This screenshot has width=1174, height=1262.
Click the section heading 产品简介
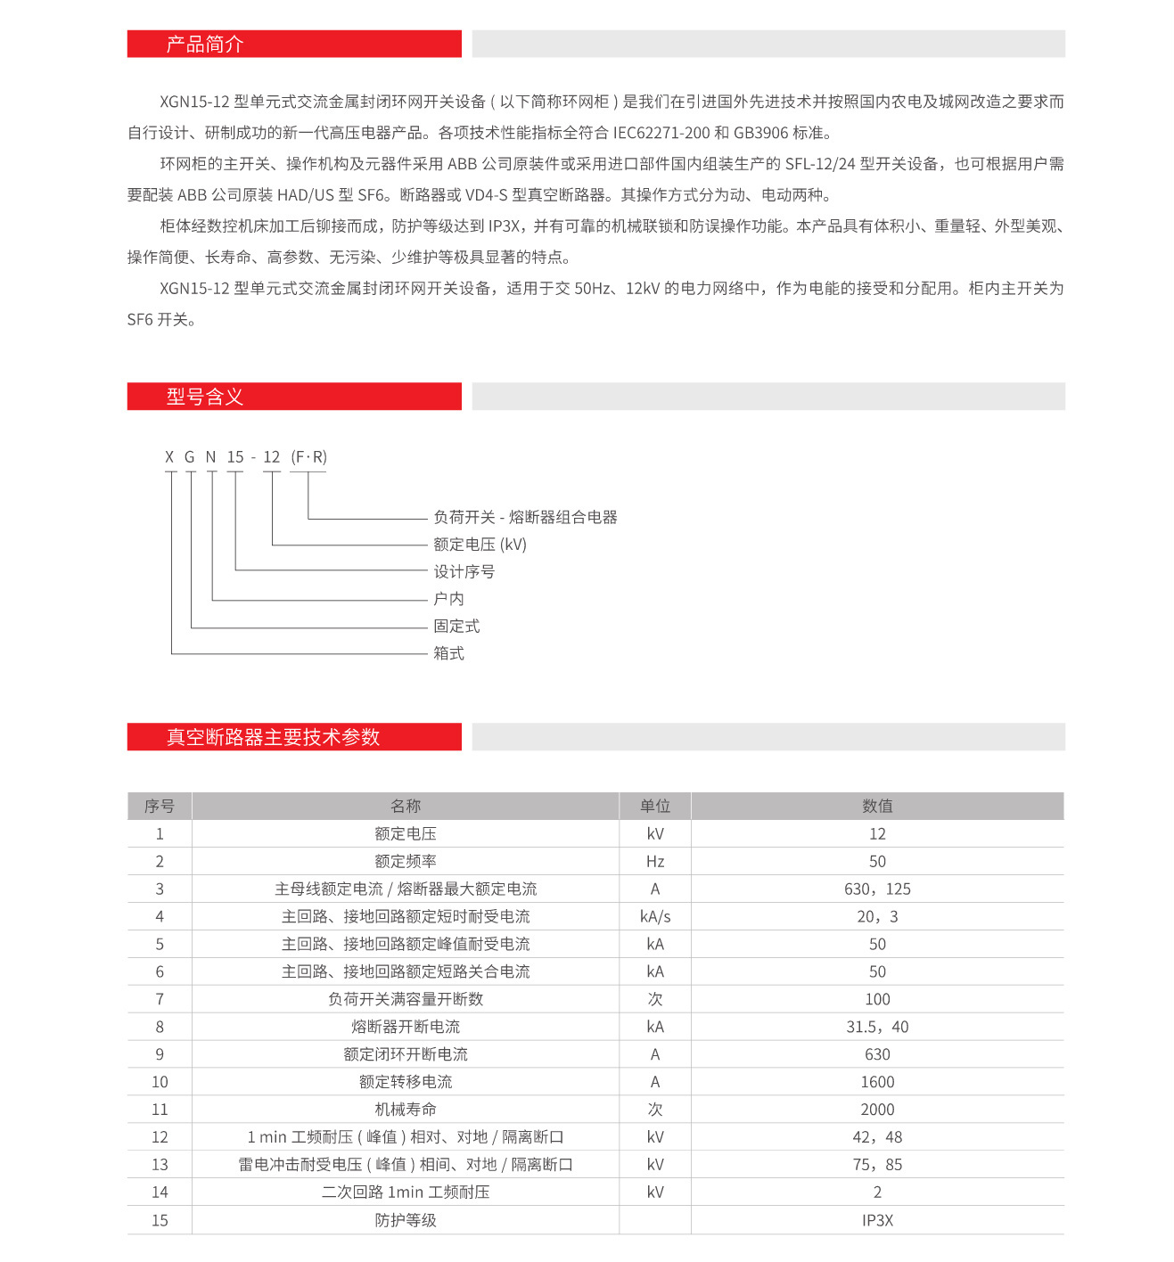pyautogui.click(x=204, y=45)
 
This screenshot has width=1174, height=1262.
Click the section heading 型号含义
pyautogui.click(x=204, y=397)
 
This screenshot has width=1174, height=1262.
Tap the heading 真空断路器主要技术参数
pyautogui.click(x=273, y=737)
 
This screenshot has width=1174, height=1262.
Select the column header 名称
pyautogui.click(x=405, y=806)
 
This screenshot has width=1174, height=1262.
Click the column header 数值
pyautogui.click(x=877, y=806)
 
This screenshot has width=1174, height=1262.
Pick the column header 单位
pyautogui.click(x=654, y=806)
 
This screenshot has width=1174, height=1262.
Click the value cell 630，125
pyautogui.click(x=877, y=889)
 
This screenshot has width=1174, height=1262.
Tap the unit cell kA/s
pyautogui.click(x=654, y=916)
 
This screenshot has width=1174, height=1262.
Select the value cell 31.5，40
pyautogui.click(x=877, y=1027)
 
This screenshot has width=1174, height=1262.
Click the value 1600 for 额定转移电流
pyautogui.click(x=877, y=1082)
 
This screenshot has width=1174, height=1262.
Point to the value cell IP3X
pyautogui.click(x=877, y=1220)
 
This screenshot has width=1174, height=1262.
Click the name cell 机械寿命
pyautogui.click(x=405, y=1110)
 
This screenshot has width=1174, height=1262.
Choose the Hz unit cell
pyautogui.click(x=654, y=861)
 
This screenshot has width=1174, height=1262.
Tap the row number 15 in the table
pyautogui.click(x=160, y=1220)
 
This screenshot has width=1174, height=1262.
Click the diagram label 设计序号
pyautogui.click(x=464, y=571)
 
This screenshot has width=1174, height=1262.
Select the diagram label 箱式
pyautogui.click(x=448, y=653)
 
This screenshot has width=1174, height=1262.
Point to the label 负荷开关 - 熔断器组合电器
pyautogui.click(x=525, y=517)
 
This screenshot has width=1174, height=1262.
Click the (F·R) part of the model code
pyautogui.click(x=308, y=457)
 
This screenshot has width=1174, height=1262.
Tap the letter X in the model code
pyautogui.click(x=169, y=457)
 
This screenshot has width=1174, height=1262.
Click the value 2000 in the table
pyautogui.click(x=877, y=1110)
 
